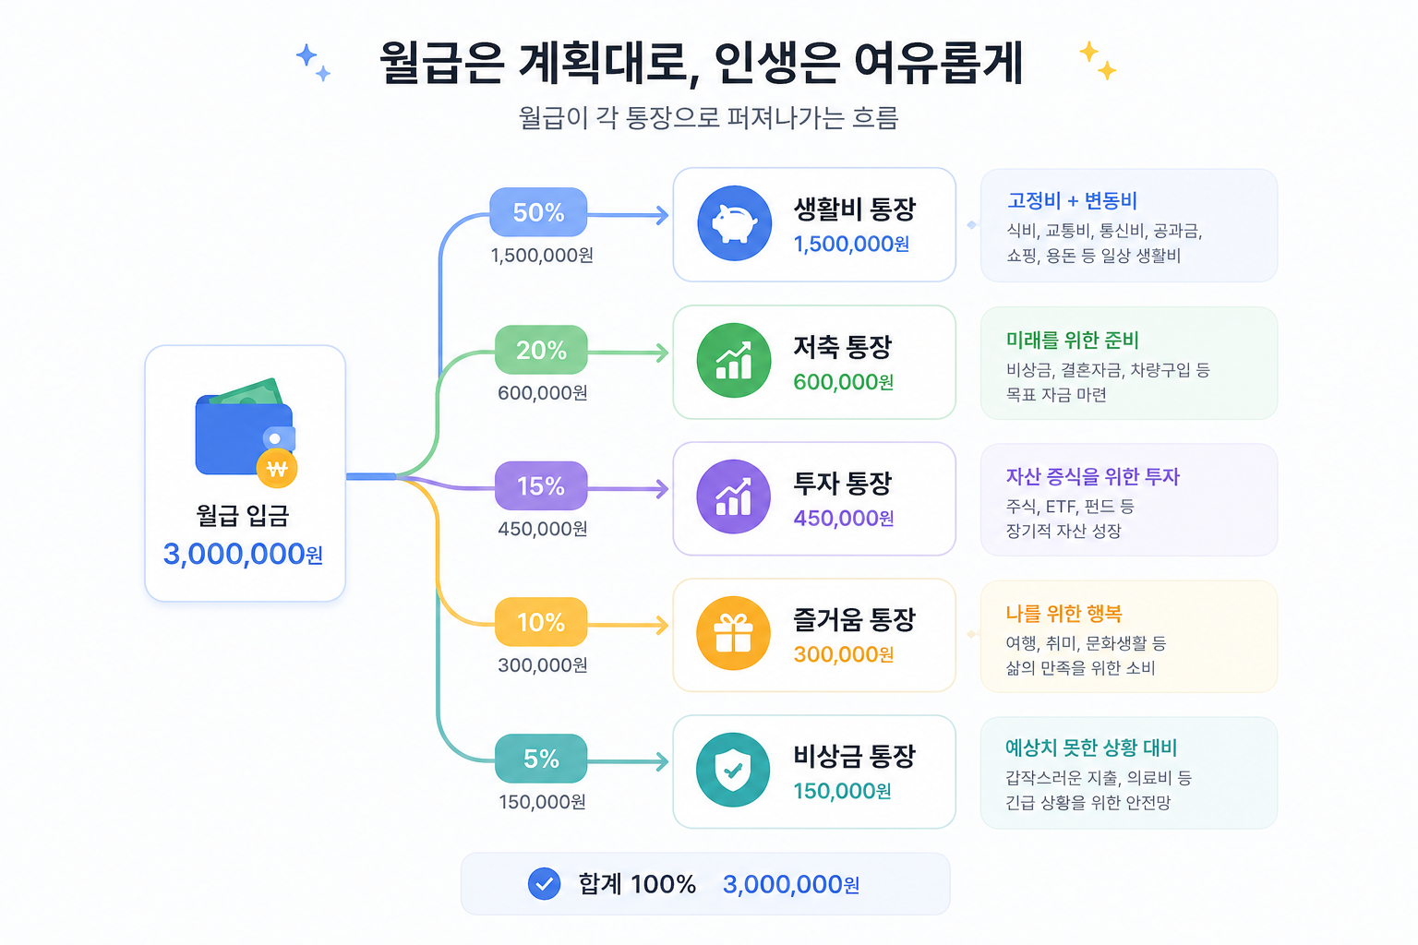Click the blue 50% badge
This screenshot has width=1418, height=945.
point(538,212)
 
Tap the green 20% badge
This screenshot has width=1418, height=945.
point(541,350)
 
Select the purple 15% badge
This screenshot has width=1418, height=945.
point(541,485)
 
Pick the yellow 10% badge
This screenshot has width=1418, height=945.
point(541,622)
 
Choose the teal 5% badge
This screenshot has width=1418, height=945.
point(541,759)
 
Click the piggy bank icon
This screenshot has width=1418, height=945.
point(734,223)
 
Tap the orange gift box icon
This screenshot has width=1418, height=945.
point(733,633)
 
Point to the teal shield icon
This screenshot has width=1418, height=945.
point(733,770)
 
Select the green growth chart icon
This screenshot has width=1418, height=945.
point(733,360)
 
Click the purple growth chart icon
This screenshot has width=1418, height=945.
point(733,496)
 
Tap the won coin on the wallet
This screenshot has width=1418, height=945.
point(277,469)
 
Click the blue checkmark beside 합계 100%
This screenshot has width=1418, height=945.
point(544,884)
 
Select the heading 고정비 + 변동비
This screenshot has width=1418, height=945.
point(1072,201)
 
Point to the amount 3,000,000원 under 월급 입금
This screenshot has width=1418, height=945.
point(243,554)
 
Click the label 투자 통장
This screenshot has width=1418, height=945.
point(843,483)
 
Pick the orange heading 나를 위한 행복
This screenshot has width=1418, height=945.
point(1063,614)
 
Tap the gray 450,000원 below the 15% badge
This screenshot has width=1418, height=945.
point(543,529)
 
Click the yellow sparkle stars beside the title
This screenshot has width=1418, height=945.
point(1097,60)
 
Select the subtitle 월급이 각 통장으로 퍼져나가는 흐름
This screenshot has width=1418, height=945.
point(708,118)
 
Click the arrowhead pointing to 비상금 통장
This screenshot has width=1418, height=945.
point(662,761)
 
